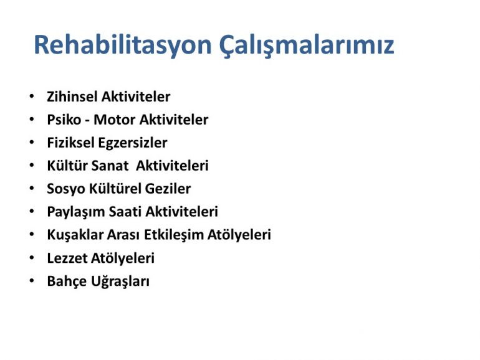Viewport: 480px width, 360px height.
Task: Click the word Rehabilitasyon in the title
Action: [123, 45]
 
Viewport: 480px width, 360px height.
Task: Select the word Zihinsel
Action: [72, 97]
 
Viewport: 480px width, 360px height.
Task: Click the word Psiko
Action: [64, 120]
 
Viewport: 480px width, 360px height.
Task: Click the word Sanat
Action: [110, 166]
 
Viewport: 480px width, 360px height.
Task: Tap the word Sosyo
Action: [65, 189]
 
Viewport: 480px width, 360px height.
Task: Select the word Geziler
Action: [168, 189]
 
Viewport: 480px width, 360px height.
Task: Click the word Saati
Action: [125, 212]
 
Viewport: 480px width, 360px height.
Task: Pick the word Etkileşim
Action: [173, 235]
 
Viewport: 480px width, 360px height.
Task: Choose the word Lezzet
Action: [67, 258]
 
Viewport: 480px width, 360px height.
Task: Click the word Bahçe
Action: [67, 282]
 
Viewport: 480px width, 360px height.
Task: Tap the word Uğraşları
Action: [120, 282]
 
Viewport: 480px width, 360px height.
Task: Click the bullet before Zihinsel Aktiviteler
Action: [32, 97]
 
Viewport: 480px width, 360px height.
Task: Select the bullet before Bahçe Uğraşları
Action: [32, 281]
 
